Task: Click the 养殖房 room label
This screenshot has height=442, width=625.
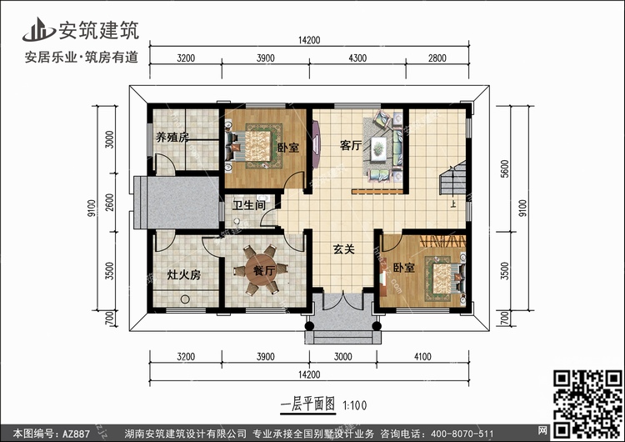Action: [172, 138]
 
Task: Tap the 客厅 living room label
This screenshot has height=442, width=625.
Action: [351, 146]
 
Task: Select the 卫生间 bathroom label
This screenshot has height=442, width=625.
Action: [249, 205]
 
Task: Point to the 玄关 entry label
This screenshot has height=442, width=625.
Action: [343, 249]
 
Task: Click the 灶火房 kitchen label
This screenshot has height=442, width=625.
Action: [183, 275]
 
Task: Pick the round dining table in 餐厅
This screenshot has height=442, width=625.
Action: [261, 270]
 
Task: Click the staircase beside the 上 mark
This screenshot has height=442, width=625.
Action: [452, 178]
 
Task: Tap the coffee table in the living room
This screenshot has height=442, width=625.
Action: [378, 148]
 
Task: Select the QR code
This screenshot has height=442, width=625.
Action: [587, 404]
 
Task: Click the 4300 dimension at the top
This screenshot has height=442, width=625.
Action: [357, 58]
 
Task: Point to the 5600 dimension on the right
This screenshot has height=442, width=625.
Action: [505, 168]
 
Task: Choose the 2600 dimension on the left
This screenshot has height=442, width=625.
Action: [110, 203]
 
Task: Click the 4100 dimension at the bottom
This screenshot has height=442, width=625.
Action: [422, 357]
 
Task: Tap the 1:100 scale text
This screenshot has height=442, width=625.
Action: [355, 405]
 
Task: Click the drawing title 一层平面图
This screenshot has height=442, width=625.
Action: [307, 404]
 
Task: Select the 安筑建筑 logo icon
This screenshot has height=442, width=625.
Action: [39, 29]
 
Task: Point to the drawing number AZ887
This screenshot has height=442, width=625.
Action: [76, 434]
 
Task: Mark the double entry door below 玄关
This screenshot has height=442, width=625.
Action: [343, 302]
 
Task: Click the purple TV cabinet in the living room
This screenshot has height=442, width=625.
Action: [316, 145]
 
